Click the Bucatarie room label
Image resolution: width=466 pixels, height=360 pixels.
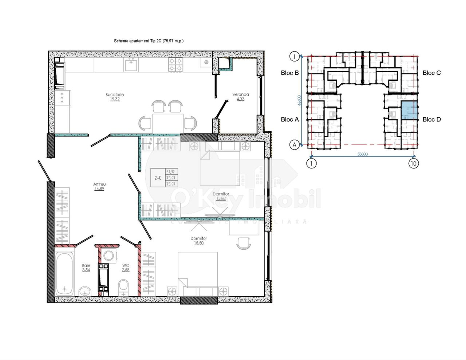point(115,95)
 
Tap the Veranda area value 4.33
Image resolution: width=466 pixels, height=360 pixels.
point(240,99)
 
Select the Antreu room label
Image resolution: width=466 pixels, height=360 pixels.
point(99,184)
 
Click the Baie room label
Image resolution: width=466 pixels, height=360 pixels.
point(86,266)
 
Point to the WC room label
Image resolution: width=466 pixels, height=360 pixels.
point(126,266)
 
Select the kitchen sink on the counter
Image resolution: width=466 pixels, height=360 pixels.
point(131,65)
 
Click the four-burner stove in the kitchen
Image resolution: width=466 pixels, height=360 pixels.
point(175,65)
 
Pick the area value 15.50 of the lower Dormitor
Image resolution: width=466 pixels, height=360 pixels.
point(198,243)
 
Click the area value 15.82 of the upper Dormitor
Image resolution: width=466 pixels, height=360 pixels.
point(221,199)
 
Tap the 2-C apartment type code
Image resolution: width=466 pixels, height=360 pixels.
point(158,178)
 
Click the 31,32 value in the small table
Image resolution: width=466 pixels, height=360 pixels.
point(170,172)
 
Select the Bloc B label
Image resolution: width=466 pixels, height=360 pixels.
point(290,73)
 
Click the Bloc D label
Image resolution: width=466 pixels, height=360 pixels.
point(431,119)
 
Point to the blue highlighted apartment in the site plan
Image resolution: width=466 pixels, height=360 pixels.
point(409,111)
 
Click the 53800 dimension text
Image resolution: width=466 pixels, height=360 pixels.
point(362,154)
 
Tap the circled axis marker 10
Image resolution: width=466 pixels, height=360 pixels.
point(413,163)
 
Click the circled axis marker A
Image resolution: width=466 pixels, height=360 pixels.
point(294,145)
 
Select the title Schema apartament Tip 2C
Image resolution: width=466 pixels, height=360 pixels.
point(149,41)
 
